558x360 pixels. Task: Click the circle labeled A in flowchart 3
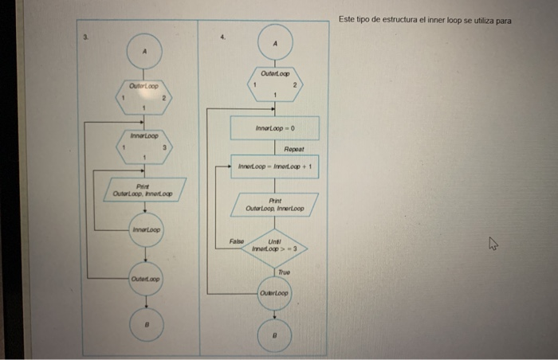145,51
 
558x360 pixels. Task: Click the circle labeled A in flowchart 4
275,42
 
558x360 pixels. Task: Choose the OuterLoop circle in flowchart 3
145,280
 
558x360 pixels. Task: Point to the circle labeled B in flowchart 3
145,325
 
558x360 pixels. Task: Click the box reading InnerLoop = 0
275,127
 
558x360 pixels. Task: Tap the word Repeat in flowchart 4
296,149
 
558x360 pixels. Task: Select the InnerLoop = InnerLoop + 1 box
275,166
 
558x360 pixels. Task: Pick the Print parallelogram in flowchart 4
275,204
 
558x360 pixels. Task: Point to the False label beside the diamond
236,240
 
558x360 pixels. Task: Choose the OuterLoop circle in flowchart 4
275,294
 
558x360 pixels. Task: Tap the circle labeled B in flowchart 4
275,335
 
